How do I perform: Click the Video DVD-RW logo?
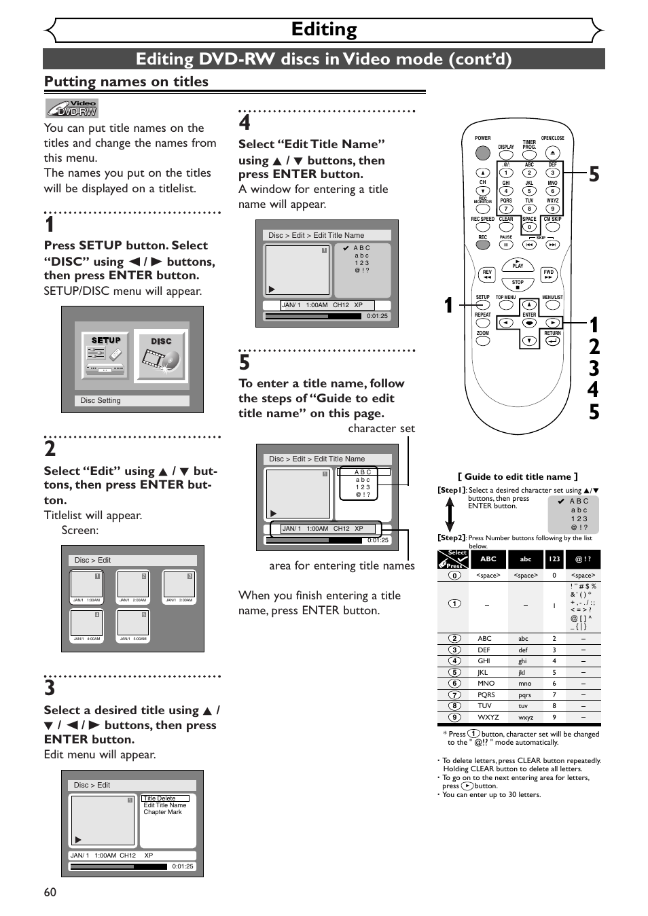tap(72, 109)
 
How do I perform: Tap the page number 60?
tap(50, 892)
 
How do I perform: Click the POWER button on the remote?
tap(482, 153)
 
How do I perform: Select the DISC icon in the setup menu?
tap(161, 355)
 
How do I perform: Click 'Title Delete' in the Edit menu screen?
tap(160, 798)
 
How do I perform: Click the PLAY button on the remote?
tap(518, 264)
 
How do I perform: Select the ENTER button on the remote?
tap(529, 323)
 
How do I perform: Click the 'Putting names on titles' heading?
tap(126, 82)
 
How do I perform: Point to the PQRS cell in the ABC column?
tap(486, 694)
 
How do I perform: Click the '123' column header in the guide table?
tap(554, 559)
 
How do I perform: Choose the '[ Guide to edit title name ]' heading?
tap(518, 476)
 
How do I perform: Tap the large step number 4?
tap(245, 123)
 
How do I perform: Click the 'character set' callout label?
tap(381, 428)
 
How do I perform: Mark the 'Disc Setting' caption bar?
tap(132, 401)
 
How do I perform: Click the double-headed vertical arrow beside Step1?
tap(450, 514)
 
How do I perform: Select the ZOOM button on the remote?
tap(482, 341)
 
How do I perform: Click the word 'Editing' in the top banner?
tap(324, 29)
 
